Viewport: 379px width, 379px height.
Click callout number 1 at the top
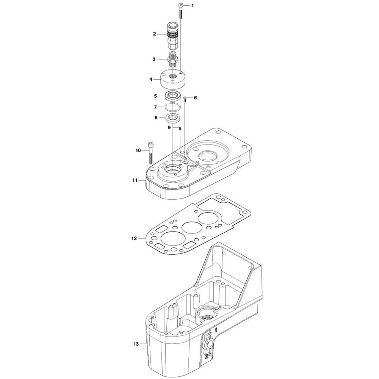pos(192,6)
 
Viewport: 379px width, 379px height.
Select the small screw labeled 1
pos(181,10)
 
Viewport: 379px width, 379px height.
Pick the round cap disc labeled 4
pos(173,78)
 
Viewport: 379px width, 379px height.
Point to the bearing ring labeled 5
pos(173,96)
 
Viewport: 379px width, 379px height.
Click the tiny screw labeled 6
pos(185,99)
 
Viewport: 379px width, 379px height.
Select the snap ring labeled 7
pos(175,107)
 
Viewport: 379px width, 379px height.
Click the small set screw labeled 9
pos(180,129)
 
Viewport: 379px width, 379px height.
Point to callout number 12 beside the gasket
pos(133,238)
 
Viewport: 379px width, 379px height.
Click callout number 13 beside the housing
pos(136,344)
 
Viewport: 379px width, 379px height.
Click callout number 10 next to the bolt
pos(138,150)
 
